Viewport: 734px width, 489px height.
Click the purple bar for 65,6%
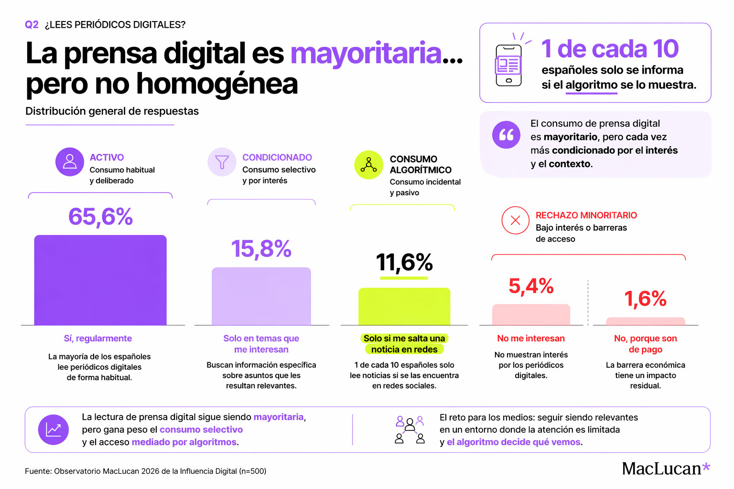(x=100, y=280)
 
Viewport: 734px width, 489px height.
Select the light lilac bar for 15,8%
(x=261, y=297)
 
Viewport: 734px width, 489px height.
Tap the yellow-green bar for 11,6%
(x=404, y=307)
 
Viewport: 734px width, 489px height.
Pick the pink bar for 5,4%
(x=531, y=315)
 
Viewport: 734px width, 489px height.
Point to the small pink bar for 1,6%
(x=645, y=321)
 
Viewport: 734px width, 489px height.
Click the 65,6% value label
(x=100, y=217)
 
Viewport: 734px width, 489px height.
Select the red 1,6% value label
(x=645, y=299)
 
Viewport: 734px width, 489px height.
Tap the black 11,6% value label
(x=404, y=262)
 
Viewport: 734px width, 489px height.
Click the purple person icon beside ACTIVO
(x=70, y=162)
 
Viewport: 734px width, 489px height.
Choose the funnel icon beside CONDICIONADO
(x=222, y=162)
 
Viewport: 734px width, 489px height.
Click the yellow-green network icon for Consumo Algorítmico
(x=368, y=165)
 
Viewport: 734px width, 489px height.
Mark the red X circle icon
(x=515, y=220)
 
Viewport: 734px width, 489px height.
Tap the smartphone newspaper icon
(x=508, y=65)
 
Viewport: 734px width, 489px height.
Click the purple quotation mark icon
(x=506, y=135)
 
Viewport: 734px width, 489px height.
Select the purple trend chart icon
(x=54, y=430)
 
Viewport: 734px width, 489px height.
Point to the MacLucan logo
(x=666, y=468)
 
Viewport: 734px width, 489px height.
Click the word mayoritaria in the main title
(x=366, y=53)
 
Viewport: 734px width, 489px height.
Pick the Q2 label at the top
(x=32, y=25)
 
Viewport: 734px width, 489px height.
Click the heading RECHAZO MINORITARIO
(x=586, y=215)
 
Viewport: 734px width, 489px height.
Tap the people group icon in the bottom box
(x=410, y=430)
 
